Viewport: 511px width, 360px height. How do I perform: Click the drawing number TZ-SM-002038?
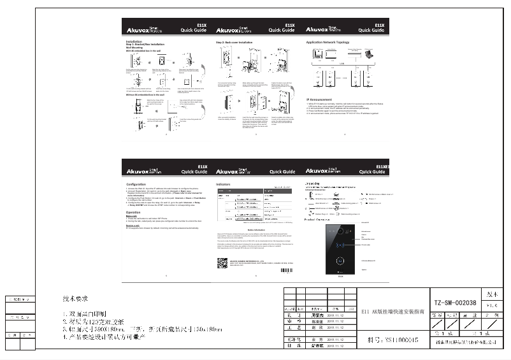click(x=450, y=304)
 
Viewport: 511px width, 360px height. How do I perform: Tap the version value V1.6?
click(x=490, y=305)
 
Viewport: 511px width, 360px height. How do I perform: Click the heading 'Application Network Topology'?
click(x=328, y=41)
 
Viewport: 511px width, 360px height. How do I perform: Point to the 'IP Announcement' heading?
click(x=321, y=99)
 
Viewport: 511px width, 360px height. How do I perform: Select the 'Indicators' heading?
click(x=224, y=184)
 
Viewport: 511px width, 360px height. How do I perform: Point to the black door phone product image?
click(x=340, y=248)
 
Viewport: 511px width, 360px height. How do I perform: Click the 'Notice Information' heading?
click(x=255, y=229)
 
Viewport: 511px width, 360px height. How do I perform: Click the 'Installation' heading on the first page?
click(x=134, y=41)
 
